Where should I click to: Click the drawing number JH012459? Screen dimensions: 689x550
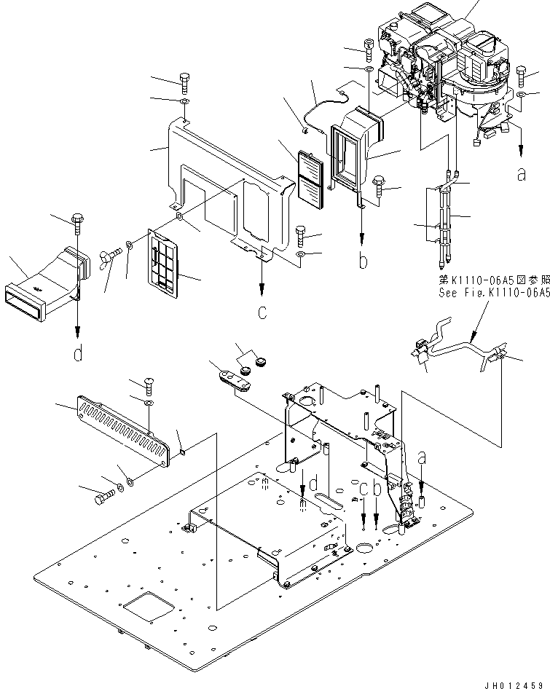coord(513,682)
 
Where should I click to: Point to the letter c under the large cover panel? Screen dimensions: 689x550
coord(262,314)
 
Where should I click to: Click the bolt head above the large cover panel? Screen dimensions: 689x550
coord(184,79)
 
